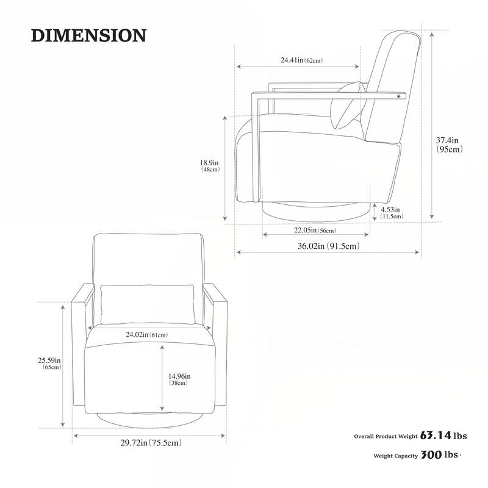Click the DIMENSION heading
pyautogui.click(x=88, y=35)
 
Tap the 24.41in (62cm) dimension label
pyautogui.click(x=301, y=60)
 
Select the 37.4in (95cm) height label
pyautogui.click(x=449, y=145)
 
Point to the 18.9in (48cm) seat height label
pyautogui.click(x=210, y=166)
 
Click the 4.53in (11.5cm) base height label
pyautogui.click(x=392, y=213)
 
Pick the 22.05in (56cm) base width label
pyautogui.click(x=315, y=231)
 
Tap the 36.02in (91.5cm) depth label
pyautogui.click(x=329, y=246)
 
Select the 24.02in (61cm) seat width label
pyautogui.click(x=146, y=335)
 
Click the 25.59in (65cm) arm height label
pyautogui.click(x=49, y=364)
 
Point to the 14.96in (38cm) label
pyautogui.click(x=179, y=379)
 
